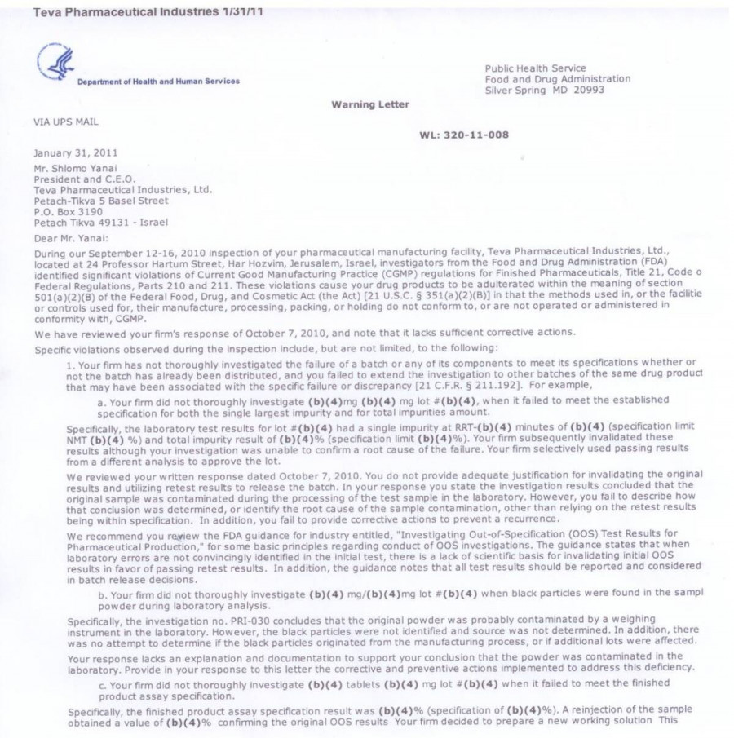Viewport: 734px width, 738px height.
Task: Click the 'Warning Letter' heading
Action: pyautogui.click(x=370, y=104)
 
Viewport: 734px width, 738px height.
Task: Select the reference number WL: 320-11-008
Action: pyautogui.click(x=464, y=135)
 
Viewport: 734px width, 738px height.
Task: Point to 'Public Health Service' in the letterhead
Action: pyautogui.click(x=535, y=68)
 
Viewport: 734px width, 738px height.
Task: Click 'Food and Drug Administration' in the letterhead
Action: pyautogui.click(x=557, y=79)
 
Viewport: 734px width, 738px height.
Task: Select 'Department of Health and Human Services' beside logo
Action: pyautogui.click(x=158, y=81)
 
